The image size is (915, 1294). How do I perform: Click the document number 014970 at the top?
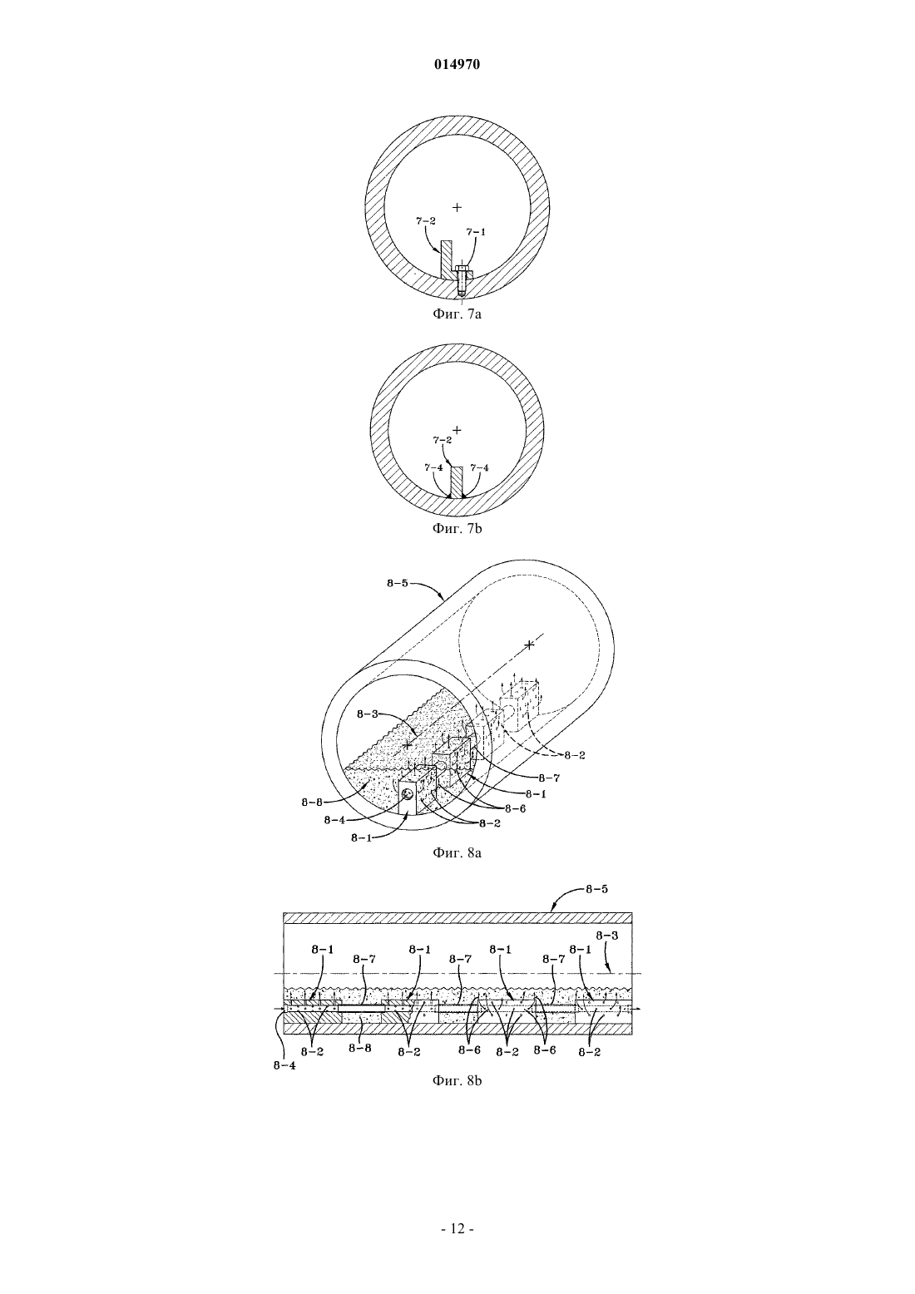457,65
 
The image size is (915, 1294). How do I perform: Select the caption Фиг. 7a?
457,314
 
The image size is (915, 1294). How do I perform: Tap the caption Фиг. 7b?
457,528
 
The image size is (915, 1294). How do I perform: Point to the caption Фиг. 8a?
457,852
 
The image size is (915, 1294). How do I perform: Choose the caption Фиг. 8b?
457,1080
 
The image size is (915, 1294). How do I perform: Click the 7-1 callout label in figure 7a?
476,232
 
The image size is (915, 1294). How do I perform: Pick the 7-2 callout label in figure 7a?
426,220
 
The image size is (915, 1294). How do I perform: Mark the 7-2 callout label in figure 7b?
443,440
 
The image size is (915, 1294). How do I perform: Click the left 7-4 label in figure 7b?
433,467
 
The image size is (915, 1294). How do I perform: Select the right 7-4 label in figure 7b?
479,467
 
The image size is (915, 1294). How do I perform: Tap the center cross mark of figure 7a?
457,207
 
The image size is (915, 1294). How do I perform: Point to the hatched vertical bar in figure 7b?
457,482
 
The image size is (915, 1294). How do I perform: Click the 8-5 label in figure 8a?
398,583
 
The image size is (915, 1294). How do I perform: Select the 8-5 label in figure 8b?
596,890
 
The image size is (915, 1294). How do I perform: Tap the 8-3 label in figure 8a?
368,714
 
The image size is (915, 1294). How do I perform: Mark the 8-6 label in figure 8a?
515,808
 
